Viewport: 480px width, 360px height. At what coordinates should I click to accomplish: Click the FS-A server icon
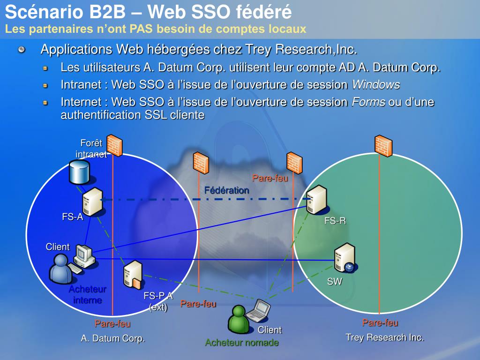92,202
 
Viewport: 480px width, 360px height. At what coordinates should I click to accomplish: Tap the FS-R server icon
316,199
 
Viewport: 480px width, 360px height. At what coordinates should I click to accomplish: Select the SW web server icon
345,258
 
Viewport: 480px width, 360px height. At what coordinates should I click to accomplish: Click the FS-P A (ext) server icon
132,275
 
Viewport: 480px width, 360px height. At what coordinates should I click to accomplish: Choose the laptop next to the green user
259,310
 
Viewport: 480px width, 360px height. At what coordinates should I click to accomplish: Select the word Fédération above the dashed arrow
226,190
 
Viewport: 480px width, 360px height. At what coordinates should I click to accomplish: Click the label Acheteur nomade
242,343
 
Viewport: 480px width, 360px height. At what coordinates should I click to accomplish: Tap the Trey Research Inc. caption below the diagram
384,337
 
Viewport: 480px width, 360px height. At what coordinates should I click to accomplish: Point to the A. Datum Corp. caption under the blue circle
113,338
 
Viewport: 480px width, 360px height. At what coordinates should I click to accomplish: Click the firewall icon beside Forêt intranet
114,145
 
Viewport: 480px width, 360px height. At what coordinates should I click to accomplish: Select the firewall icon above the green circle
383,145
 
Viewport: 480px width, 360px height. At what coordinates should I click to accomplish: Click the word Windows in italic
376,85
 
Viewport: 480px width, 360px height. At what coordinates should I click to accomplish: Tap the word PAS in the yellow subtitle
142,29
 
